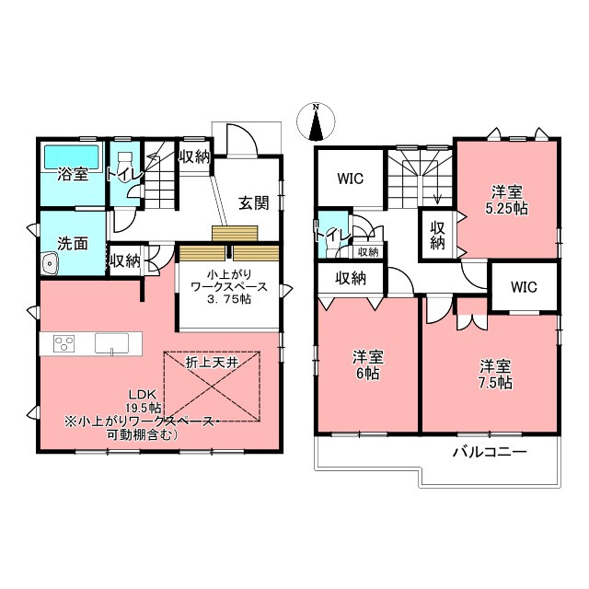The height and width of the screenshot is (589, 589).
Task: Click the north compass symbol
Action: pyautogui.click(x=316, y=121)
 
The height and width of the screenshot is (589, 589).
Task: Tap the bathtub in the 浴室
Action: pyautogui.click(x=72, y=157)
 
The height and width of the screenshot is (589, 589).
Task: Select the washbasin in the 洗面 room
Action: pyautogui.click(x=50, y=264)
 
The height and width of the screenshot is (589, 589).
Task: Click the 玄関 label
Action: pyautogui.click(x=254, y=203)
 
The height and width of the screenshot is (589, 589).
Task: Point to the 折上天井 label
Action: pyautogui.click(x=212, y=363)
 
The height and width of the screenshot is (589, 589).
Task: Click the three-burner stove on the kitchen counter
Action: pyautogui.click(x=64, y=343)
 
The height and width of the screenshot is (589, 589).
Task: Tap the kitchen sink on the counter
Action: pyautogui.click(x=111, y=343)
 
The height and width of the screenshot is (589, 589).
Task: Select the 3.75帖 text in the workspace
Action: pyautogui.click(x=229, y=299)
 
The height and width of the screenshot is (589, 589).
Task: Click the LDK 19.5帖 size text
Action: pyautogui.click(x=144, y=401)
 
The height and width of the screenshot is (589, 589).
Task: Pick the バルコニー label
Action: pyautogui.click(x=490, y=452)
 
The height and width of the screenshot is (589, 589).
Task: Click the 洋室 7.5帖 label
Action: pyautogui.click(x=495, y=375)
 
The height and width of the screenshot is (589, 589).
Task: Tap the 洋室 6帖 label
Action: pyautogui.click(x=367, y=365)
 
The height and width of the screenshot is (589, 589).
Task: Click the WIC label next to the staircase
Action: pyautogui.click(x=350, y=179)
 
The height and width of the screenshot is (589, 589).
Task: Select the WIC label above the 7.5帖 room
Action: pyautogui.click(x=524, y=287)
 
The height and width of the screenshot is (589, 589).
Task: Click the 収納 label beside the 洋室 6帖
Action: pyautogui.click(x=351, y=278)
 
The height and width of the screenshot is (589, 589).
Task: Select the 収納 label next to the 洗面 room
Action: pyautogui.click(x=125, y=260)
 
